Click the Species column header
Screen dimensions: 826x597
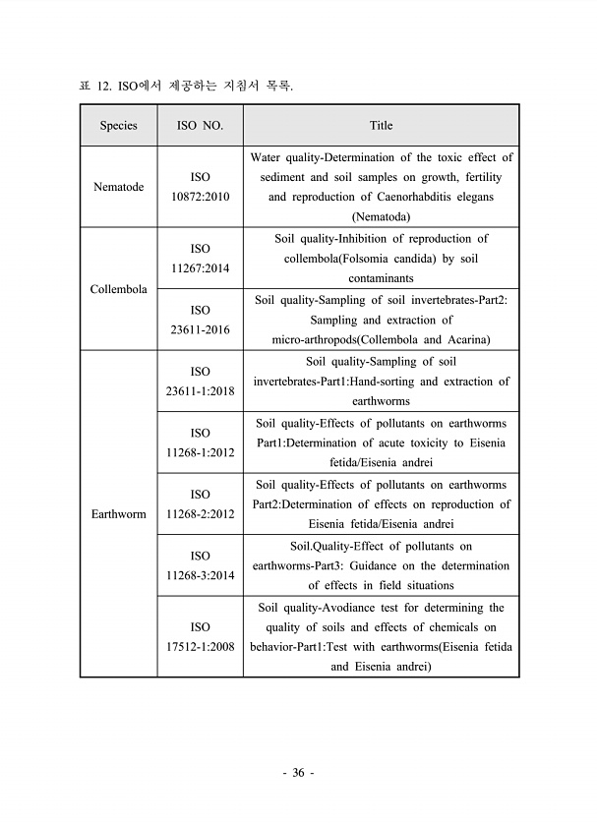click(118, 126)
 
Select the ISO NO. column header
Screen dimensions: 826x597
click(200, 126)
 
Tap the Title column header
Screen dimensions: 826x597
click(381, 126)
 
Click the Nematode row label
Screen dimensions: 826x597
click(118, 187)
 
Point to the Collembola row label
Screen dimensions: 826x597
click(118, 289)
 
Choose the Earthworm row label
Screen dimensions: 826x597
click(118, 514)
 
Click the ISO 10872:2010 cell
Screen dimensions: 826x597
click(200, 187)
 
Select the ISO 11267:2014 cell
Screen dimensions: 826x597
click(200, 259)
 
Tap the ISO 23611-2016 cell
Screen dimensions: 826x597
click(200, 320)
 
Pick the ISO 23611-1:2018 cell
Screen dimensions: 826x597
click(200, 382)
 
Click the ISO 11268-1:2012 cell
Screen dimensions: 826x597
click(200, 442)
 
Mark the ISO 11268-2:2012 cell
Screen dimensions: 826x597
click(200, 504)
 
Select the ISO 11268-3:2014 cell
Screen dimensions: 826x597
click(200, 565)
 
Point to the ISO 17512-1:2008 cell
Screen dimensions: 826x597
click(200, 637)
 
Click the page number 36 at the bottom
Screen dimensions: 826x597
click(298, 773)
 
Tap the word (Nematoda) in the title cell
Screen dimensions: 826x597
click(381, 217)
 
